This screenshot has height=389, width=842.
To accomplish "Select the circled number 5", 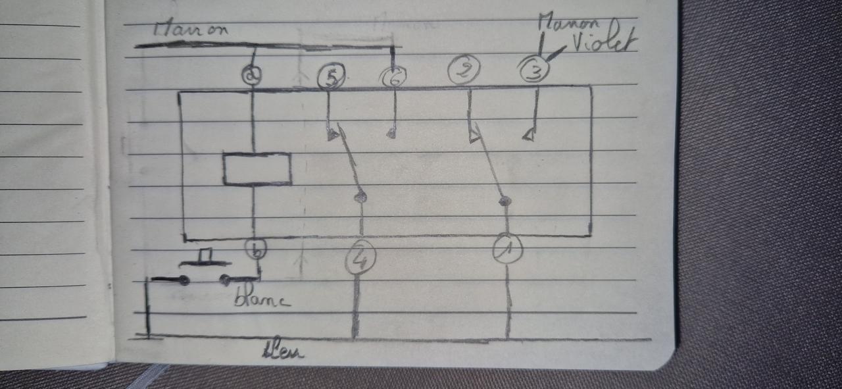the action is click(331, 78).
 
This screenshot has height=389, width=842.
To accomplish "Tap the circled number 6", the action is click(393, 78).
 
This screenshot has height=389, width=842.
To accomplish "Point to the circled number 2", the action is click(464, 70).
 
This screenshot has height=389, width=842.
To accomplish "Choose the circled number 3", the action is click(533, 70).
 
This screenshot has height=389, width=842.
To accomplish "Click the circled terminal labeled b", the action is click(255, 249).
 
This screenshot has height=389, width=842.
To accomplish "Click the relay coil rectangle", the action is click(257, 169).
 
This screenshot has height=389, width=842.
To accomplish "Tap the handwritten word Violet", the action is click(603, 43).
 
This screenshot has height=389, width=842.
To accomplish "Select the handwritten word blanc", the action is click(261, 300).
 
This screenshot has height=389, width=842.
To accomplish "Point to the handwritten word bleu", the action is click(283, 351).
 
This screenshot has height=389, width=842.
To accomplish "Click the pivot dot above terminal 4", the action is click(360, 196).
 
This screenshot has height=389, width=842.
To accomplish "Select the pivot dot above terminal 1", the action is click(504, 201).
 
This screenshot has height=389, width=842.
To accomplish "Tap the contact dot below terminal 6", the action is click(391, 134).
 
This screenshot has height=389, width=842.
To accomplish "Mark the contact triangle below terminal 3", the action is click(528, 135).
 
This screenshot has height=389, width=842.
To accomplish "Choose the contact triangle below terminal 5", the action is click(333, 135).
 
